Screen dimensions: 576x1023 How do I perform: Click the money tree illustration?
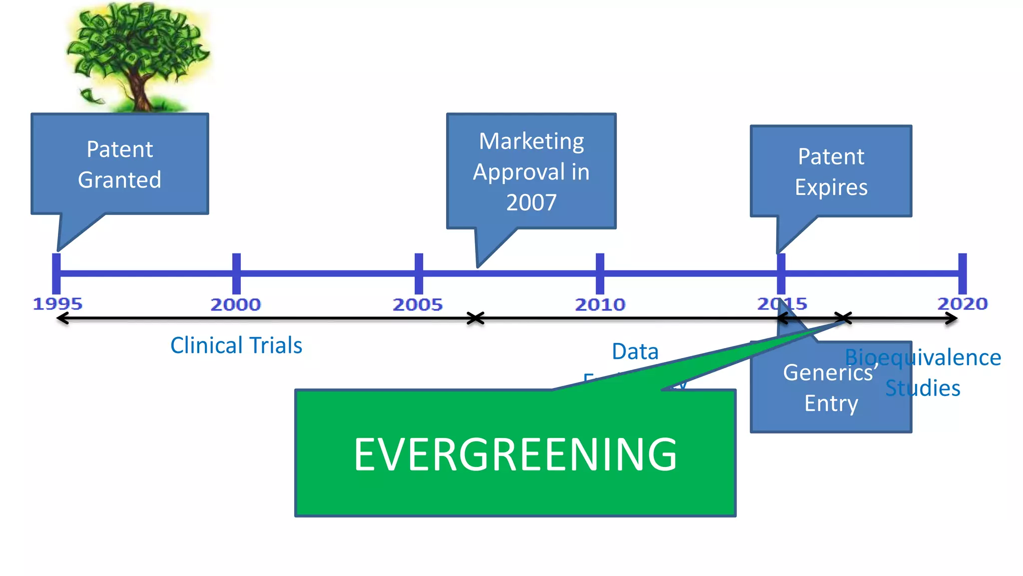click(137, 56)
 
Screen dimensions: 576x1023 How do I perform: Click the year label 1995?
click(57, 303)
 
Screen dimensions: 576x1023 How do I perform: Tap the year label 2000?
click(236, 304)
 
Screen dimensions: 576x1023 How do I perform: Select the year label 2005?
click(418, 304)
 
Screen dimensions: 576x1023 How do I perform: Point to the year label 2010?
click(600, 304)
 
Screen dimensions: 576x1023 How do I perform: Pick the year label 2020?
click(963, 303)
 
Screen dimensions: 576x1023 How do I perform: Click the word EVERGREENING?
click(515, 454)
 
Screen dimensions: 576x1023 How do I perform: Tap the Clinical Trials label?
click(236, 345)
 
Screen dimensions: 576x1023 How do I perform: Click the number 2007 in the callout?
click(531, 202)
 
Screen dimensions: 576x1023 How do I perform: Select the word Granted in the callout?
click(119, 179)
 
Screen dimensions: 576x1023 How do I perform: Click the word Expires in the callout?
click(831, 187)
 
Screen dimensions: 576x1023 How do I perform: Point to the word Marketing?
click(531, 141)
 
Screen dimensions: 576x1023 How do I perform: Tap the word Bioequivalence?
click(923, 357)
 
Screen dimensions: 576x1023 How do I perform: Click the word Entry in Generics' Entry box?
click(831, 403)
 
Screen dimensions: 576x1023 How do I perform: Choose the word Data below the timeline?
click(635, 351)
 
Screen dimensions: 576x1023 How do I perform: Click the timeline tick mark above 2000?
click(237, 273)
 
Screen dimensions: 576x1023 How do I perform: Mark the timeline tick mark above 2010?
click(600, 273)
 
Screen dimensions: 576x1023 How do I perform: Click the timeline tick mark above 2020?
click(963, 273)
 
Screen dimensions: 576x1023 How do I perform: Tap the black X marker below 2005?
click(476, 318)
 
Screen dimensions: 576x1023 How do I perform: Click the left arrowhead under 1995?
click(62, 318)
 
